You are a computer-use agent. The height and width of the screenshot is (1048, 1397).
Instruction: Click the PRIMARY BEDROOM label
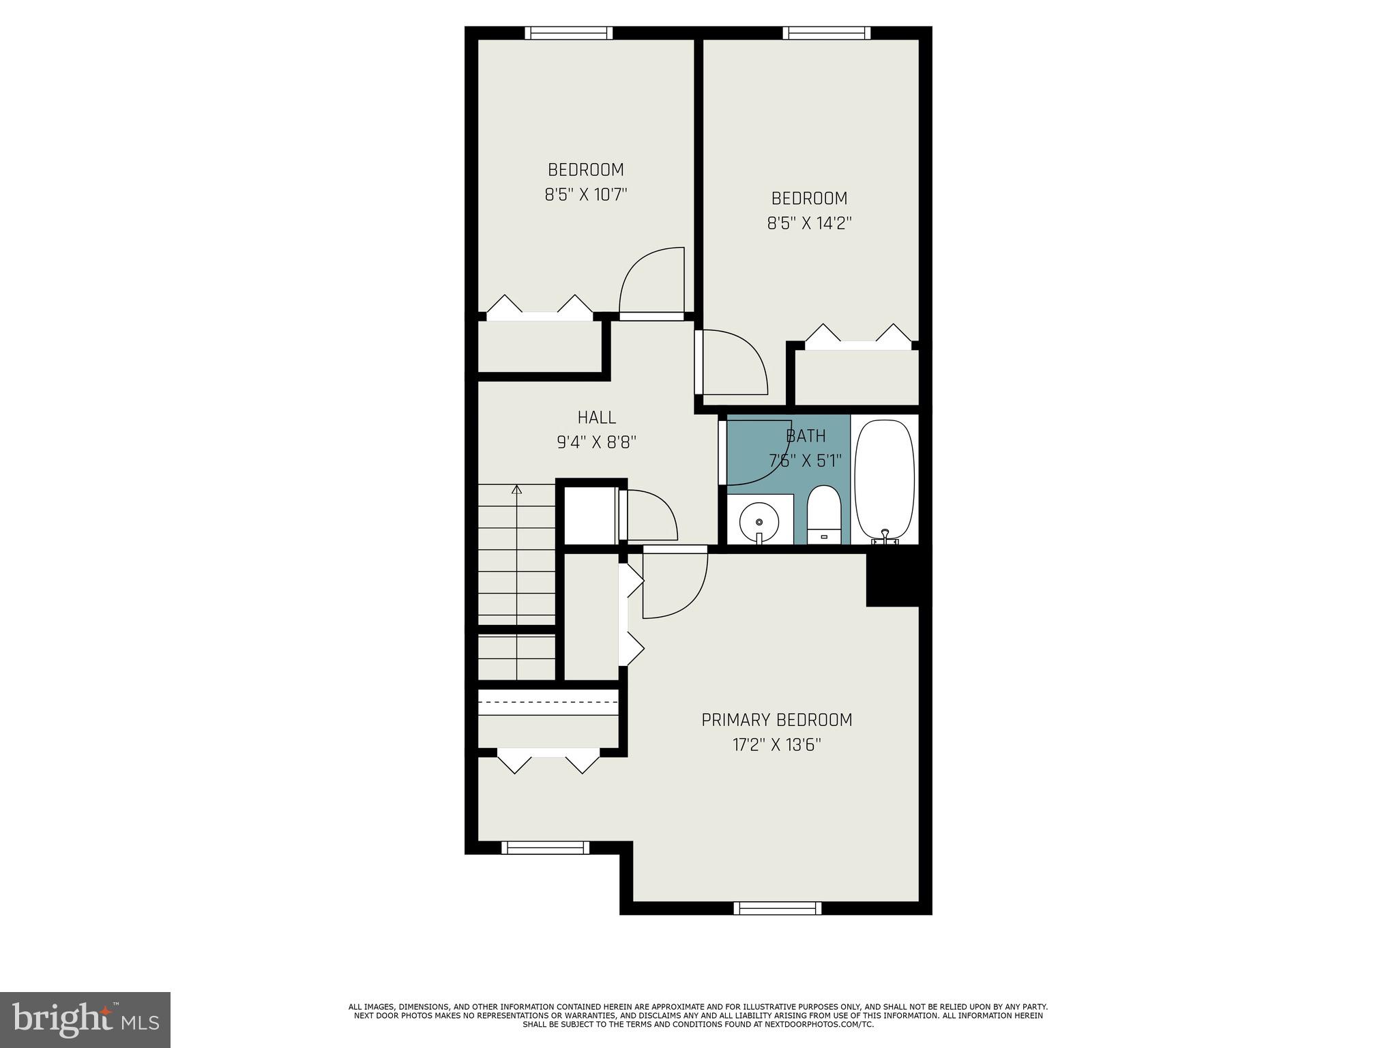tap(776, 720)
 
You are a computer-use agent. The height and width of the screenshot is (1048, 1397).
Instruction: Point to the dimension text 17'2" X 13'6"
tap(776, 745)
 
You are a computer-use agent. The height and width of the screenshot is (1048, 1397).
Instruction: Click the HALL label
tap(596, 417)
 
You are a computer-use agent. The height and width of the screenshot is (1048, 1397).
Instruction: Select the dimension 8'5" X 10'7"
tap(585, 195)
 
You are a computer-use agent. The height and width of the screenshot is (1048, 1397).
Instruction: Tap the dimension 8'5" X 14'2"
tap(809, 224)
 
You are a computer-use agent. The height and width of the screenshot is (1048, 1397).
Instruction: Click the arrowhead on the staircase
tap(516, 489)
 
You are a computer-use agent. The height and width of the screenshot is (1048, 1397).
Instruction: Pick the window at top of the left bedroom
tap(568, 33)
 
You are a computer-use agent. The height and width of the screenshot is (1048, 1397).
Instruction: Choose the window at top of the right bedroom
tap(826, 33)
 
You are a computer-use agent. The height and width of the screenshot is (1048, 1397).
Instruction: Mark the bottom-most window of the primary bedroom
tap(777, 908)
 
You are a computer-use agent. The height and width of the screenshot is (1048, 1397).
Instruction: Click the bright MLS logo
tap(85, 1019)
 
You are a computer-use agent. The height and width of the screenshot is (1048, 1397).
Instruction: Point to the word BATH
tap(806, 436)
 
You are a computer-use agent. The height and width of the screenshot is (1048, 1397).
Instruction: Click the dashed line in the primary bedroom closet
tap(548, 701)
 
